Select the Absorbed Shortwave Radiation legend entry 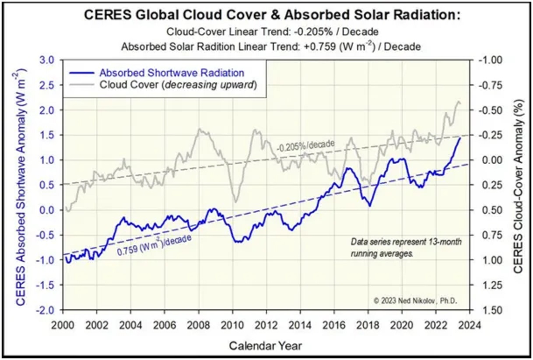click(172, 73)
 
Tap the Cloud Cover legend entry click(177, 85)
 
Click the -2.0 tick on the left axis click(51, 310)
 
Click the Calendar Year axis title click(265, 346)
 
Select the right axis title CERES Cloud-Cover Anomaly click(519, 185)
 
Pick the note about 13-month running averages click(406, 247)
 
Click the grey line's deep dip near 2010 click(235, 201)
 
